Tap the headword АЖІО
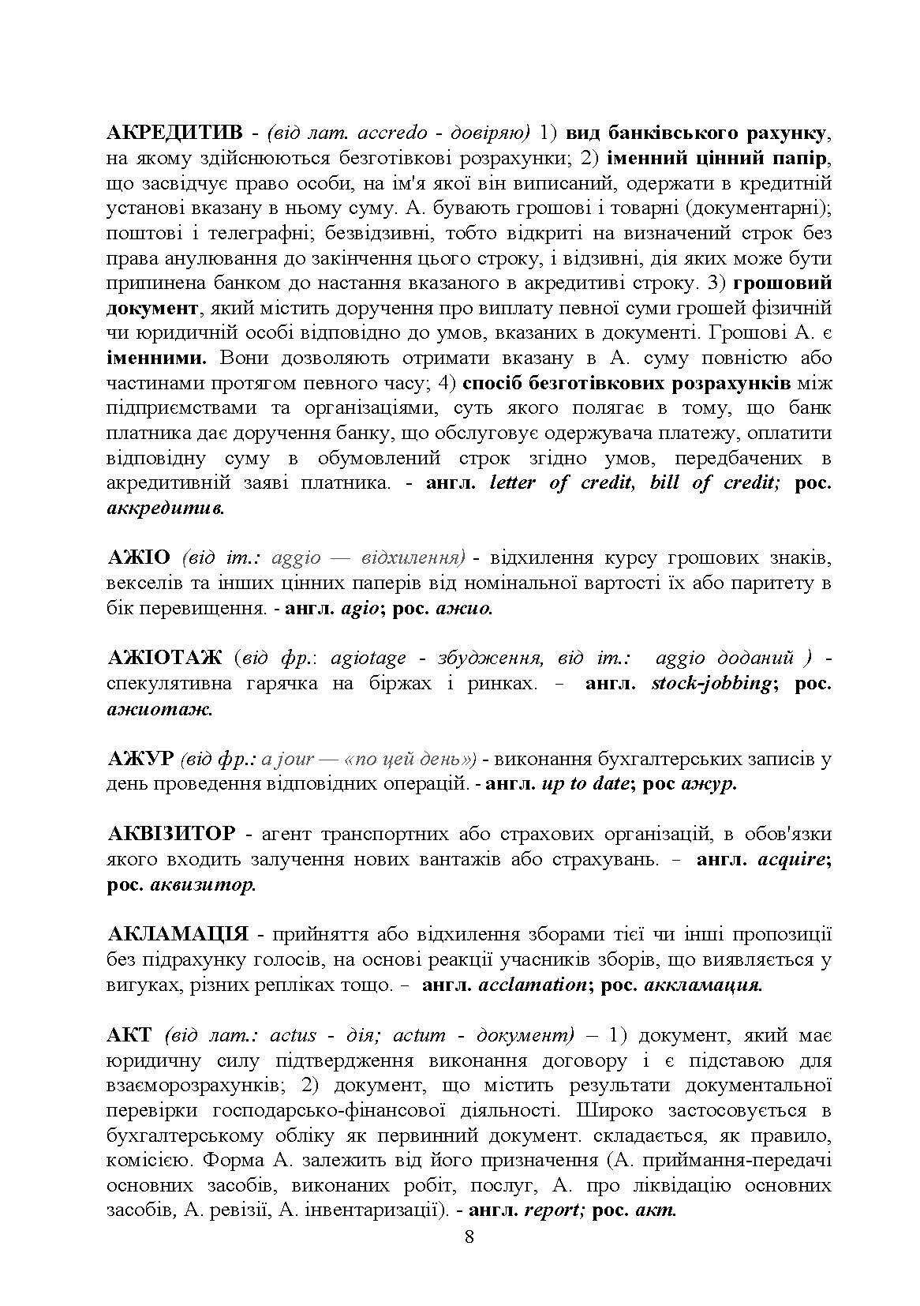pyautogui.click(x=138, y=558)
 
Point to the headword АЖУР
pyautogui.click(x=139, y=759)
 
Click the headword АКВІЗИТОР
pyautogui.click(x=170, y=834)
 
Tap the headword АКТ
pyautogui.click(x=129, y=1035)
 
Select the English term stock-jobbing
pyautogui.click(x=710, y=684)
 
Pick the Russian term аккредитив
pyautogui.click(x=165, y=509)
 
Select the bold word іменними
pyautogui.click(x=155, y=358)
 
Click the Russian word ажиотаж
pyautogui.click(x=159, y=709)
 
